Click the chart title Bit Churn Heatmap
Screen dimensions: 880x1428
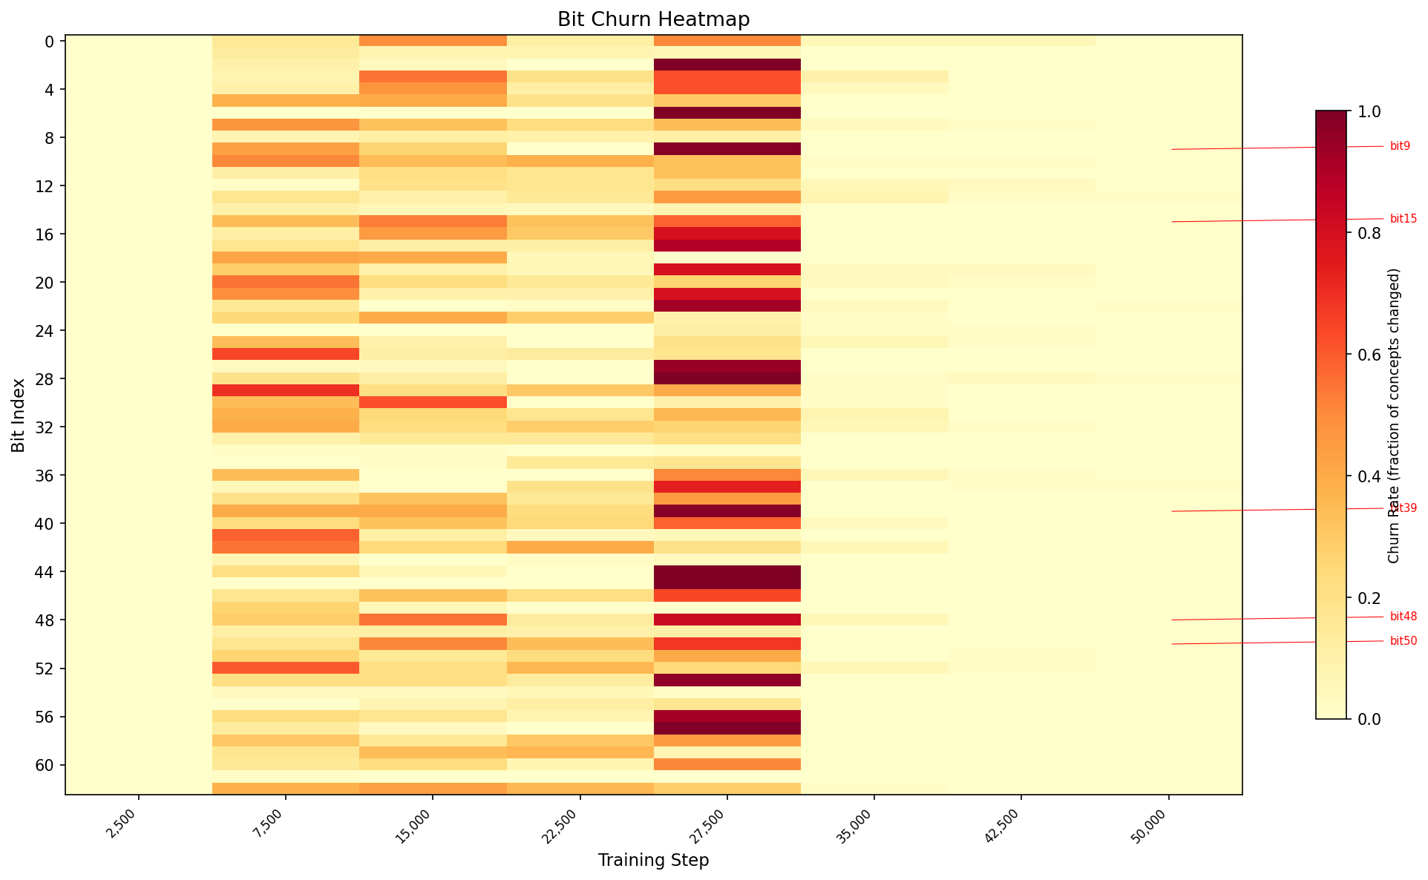tap(653, 19)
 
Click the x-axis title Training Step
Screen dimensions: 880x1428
tap(653, 860)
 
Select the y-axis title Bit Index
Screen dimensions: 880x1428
tap(19, 415)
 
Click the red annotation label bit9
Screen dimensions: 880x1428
tap(1400, 146)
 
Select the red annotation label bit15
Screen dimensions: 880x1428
tap(1403, 219)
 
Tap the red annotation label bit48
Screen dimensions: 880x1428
tap(1403, 617)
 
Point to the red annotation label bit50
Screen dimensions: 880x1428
tap(1403, 641)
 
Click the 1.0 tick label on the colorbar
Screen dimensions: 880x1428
tap(1369, 111)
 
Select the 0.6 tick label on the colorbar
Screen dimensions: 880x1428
tap(1369, 355)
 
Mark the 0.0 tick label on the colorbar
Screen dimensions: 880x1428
tap(1369, 719)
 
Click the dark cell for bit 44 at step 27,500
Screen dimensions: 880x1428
tap(727, 571)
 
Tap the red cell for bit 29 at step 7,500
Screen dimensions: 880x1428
tap(286, 390)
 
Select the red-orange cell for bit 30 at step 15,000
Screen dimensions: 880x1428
tap(433, 402)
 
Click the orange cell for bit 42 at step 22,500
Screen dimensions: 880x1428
tap(580, 548)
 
